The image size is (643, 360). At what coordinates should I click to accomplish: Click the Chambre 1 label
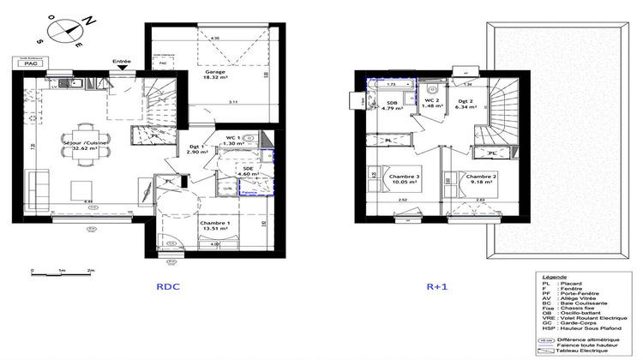[215, 225]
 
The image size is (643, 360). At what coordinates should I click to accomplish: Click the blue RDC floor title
[168, 291]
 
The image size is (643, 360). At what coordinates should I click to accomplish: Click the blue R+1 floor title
[438, 291]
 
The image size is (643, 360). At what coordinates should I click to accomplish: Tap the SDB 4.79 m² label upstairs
[393, 105]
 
